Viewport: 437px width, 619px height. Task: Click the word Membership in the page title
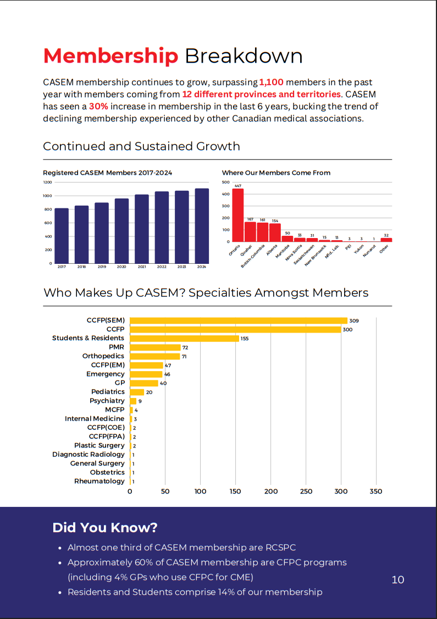coord(110,56)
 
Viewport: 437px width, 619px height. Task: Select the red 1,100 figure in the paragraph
coord(271,82)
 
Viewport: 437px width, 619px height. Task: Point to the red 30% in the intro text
coord(97,107)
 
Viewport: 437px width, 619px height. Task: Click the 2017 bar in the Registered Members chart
coord(62,236)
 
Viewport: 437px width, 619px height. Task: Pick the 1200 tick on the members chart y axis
coord(47,182)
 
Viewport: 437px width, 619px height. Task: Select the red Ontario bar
coord(237,215)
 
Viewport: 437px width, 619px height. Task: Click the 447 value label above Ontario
coord(237,186)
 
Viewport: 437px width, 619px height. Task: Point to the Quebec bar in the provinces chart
coord(250,231)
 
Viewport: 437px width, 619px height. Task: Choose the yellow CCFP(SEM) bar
coord(238,320)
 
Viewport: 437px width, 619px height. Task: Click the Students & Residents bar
coord(184,338)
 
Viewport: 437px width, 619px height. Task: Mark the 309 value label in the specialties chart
coord(354,320)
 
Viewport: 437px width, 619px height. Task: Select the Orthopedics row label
coord(103,356)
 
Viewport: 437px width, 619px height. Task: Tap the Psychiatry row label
coord(107,401)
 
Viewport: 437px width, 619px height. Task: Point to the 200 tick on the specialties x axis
coord(271,491)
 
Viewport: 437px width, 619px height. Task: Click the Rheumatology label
coord(99,481)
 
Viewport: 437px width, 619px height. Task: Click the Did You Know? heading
coord(105,528)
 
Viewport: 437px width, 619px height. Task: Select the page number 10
coord(398,579)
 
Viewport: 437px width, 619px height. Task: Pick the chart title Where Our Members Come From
coord(276,173)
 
